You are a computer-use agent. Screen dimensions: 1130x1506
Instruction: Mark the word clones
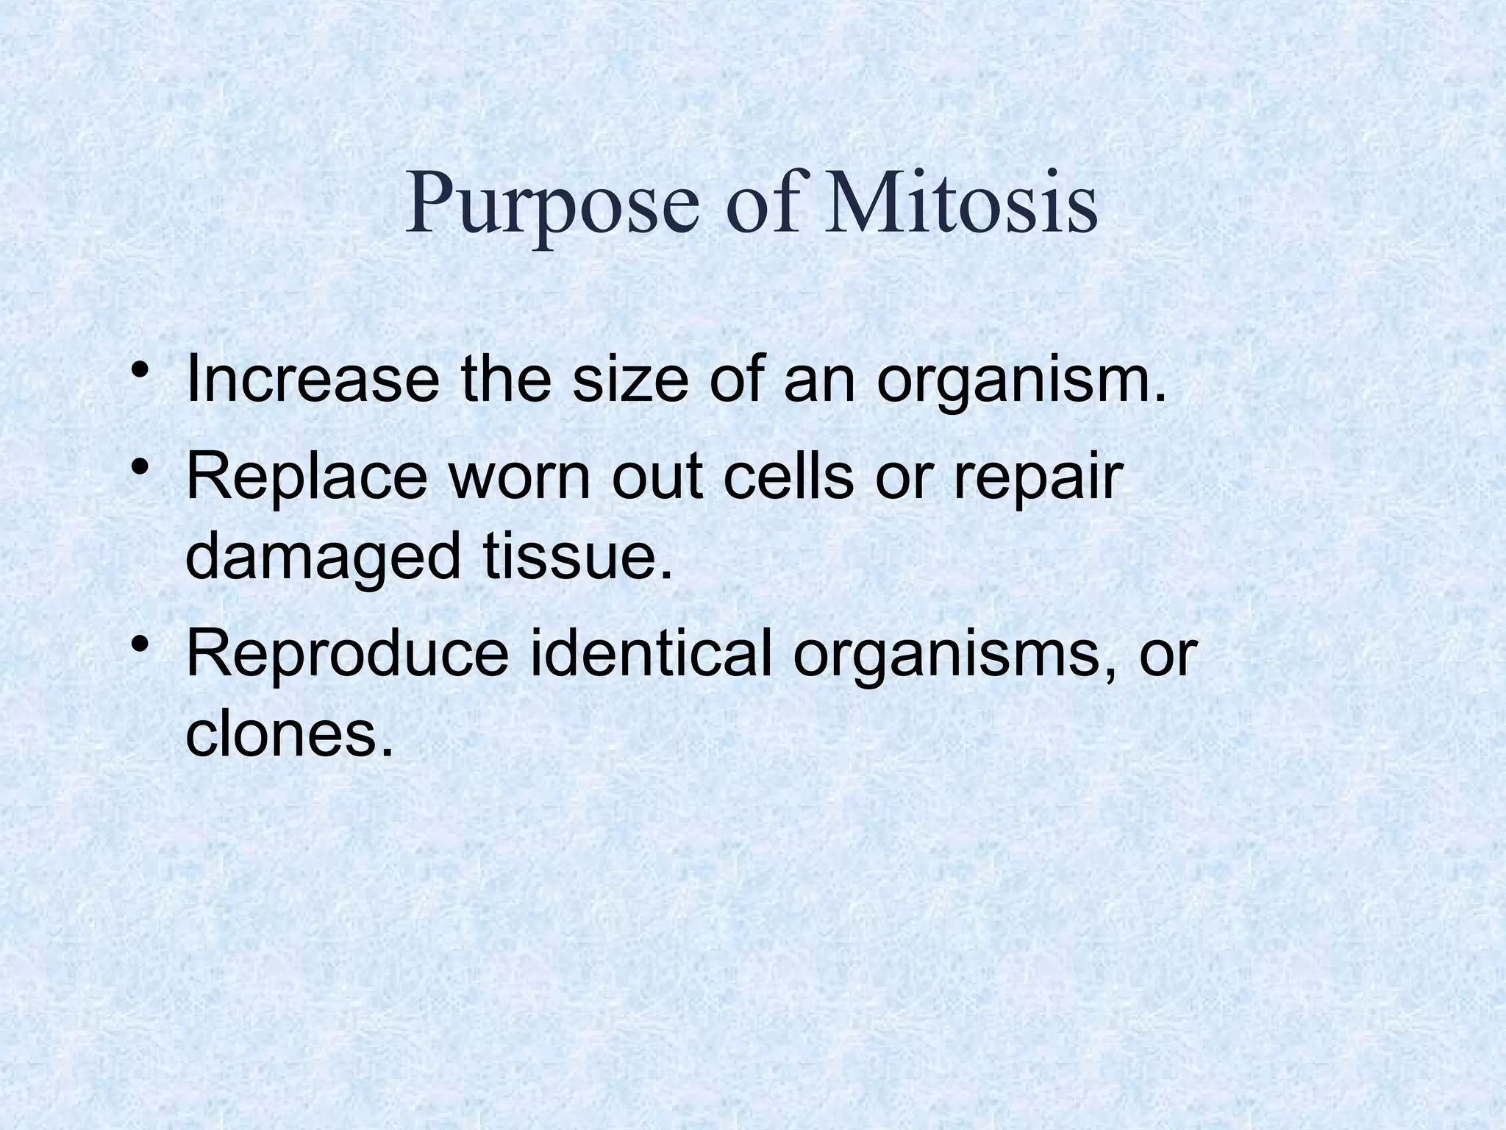pos(282,735)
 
